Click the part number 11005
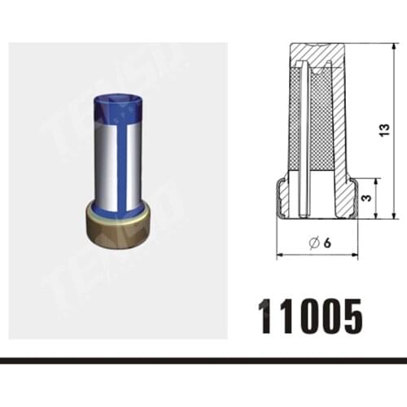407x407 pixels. [311, 317]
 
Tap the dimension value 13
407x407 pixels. [384, 130]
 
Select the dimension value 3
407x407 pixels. [366, 197]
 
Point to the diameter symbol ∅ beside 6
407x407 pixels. [313, 243]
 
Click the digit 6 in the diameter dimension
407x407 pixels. [327, 243]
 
